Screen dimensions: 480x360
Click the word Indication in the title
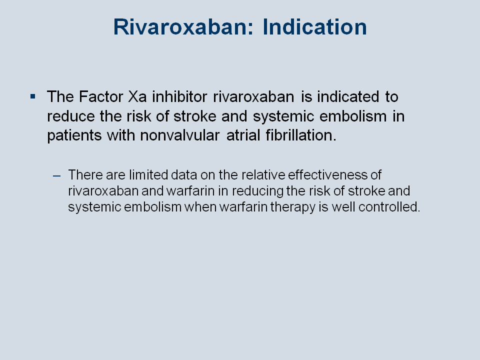[x=314, y=27]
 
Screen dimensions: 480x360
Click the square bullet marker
[x=33, y=96]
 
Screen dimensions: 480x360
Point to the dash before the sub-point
[x=57, y=175]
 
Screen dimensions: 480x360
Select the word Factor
[x=101, y=96]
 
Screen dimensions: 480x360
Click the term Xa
[x=137, y=96]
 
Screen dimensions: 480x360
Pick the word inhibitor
[x=179, y=96]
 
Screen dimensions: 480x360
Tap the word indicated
[x=348, y=96]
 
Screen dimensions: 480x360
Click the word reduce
[x=71, y=116]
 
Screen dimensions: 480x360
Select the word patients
[x=74, y=135]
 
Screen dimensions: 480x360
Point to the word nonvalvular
[x=180, y=135]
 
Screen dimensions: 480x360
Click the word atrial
[x=243, y=135]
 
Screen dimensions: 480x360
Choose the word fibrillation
[x=301, y=135]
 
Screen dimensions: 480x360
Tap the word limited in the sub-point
[x=148, y=175]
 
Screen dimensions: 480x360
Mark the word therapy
[x=293, y=207]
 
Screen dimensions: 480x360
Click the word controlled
[x=389, y=207]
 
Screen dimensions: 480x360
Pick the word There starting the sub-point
[x=85, y=175]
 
